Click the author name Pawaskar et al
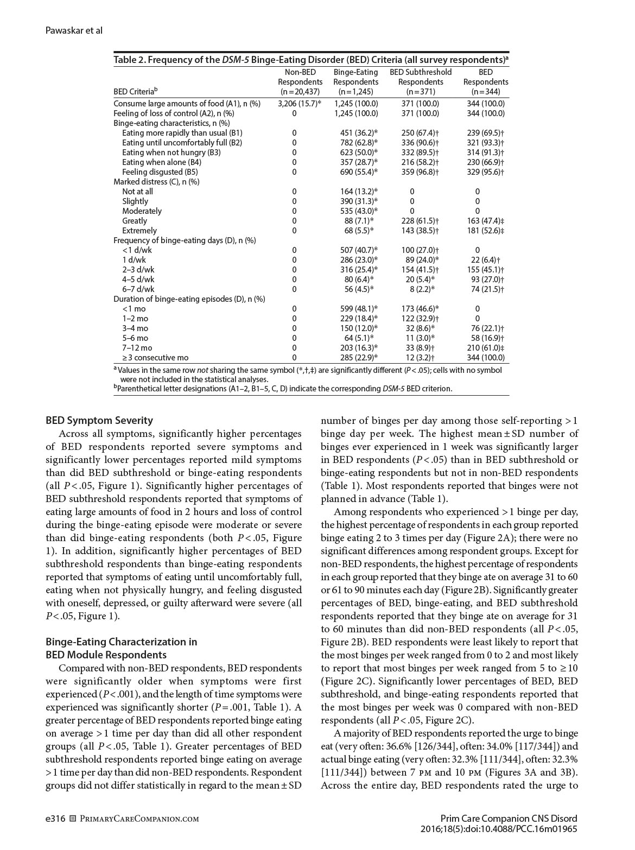(74, 30)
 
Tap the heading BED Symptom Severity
(99, 420)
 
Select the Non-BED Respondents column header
(300, 81)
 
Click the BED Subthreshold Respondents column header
(421, 81)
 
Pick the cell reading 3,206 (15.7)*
(300, 104)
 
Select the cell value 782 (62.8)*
(356, 143)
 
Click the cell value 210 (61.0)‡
(486, 348)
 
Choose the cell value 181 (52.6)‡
(486, 231)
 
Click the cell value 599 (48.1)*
(356, 309)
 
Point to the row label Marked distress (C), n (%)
(156, 182)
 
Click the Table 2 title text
(310, 60)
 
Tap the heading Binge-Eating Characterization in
(121, 642)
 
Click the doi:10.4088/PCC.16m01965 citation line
(499, 829)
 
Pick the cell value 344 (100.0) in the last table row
(486, 358)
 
